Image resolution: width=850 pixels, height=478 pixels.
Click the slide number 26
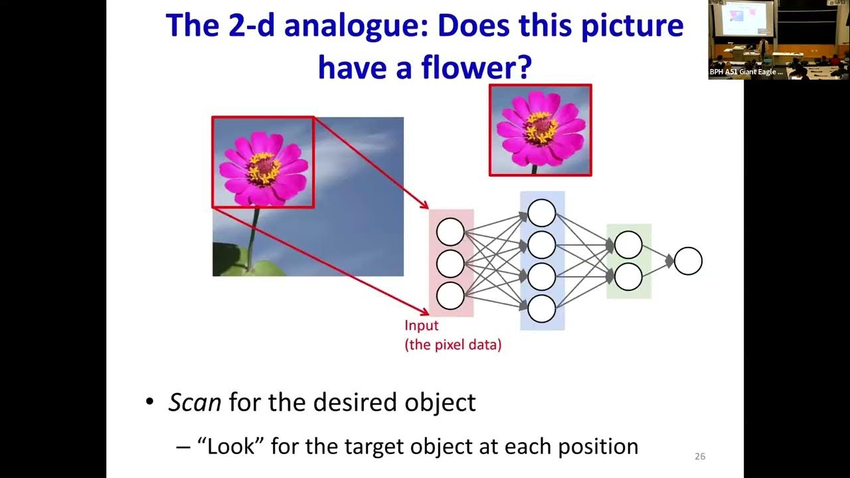point(699,456)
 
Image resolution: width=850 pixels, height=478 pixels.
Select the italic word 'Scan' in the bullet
point(195,402)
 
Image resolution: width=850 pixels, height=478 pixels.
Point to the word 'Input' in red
point(422,326)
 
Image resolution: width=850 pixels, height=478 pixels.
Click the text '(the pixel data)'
point(453,345)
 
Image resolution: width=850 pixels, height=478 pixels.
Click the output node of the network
point(688,261)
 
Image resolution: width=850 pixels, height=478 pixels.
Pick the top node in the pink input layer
point(450,232)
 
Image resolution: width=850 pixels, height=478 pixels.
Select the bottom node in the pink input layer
point(450,296)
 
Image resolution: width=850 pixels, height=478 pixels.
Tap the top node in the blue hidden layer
point(541,212)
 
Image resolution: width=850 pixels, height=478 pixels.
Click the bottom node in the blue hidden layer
point(541,309)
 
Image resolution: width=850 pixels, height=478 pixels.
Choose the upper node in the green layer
point(628,244)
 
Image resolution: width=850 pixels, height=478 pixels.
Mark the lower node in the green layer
point(628,277)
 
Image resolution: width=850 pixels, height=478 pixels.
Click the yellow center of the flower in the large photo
point(264,168)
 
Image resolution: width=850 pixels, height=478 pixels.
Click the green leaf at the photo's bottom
point(266,269)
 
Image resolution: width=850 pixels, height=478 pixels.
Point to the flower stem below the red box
point(253,236)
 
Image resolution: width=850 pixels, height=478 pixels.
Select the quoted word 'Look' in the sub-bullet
point(232,446)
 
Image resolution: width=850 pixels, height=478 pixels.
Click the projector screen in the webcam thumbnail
point(747,18)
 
